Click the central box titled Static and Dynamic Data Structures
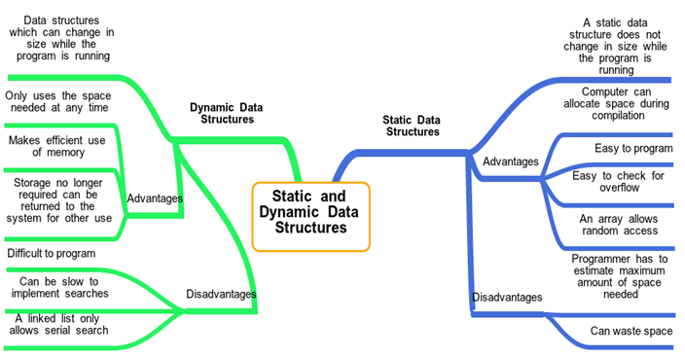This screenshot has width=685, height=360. tap(311, 212)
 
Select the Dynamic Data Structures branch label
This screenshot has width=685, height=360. tap(226, 113)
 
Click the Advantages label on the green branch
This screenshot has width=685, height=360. tap(155, 198)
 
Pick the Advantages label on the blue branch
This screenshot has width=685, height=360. tap(511, 161)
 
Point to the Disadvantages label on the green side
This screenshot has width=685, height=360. tap(221, 294)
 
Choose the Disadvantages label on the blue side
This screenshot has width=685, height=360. tap(507, 297)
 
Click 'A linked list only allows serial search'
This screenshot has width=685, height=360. tap(61, 324)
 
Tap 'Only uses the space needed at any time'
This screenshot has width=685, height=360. tap(58, 102)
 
